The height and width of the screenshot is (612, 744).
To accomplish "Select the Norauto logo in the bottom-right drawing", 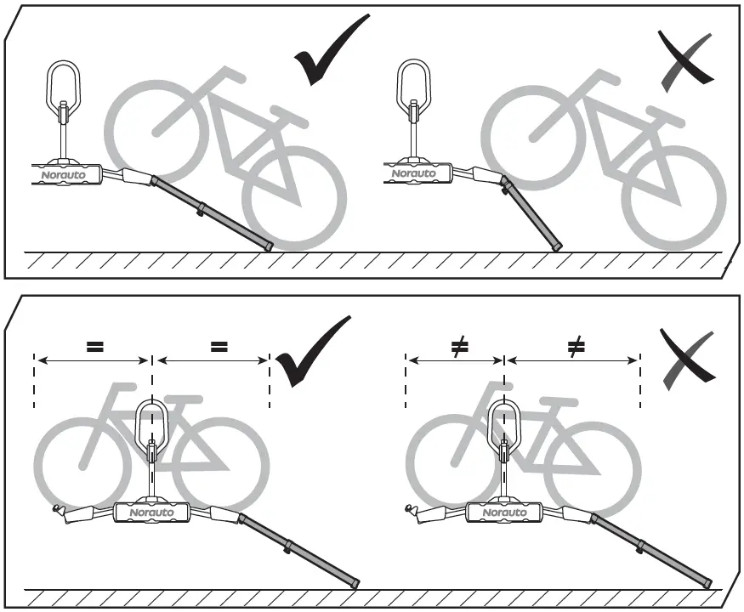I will tap(504, 513).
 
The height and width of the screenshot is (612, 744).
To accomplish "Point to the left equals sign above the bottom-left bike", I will tap(94, 346).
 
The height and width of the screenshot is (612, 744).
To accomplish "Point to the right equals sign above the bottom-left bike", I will tap(219, 346).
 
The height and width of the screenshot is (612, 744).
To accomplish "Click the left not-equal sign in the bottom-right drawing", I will tap(458, 346).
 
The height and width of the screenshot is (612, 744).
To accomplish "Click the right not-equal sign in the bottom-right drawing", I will tap(576, 346).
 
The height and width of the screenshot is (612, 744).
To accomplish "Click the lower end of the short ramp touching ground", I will tap(556, 247).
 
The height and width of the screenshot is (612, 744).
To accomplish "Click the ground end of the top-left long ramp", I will tap(268, 246).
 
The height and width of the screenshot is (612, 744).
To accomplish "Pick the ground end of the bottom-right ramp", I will tap(707, 582).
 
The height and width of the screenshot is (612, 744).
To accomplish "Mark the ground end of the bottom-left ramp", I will tap(354, 583).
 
